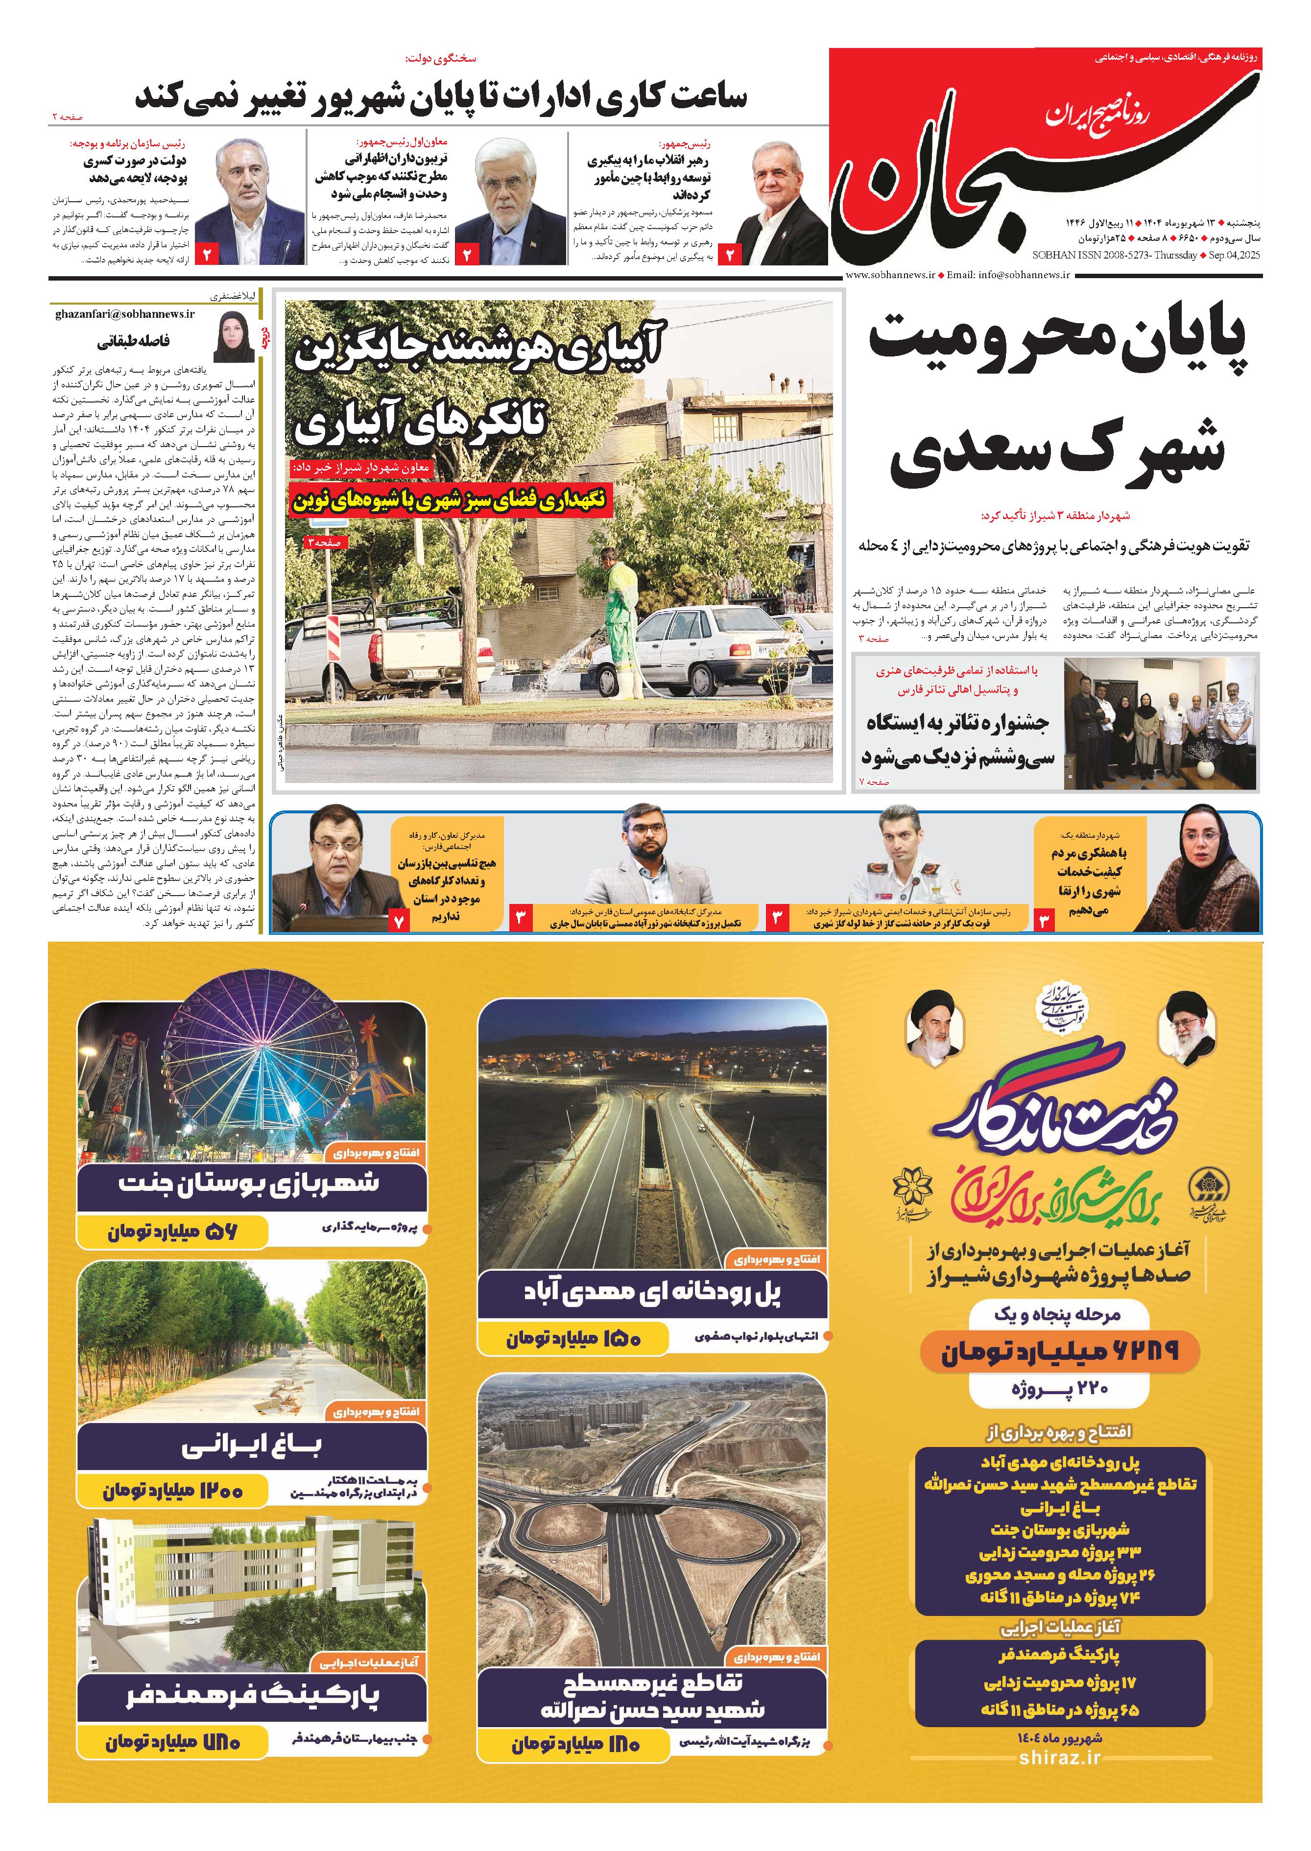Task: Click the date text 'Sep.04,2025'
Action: pyautogui.click(x=1234, y=255)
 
